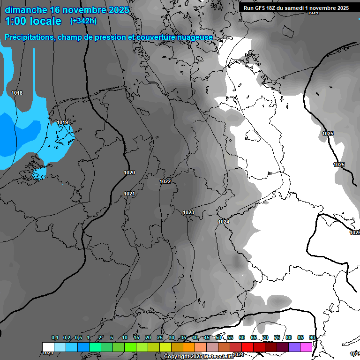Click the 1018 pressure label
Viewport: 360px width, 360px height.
(x=17, y=93)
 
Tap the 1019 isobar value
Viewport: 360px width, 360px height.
(x=62, y=122)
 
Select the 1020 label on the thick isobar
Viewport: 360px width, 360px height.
(x=129, y=172)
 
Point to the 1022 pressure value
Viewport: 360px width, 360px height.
(x=165, y=181)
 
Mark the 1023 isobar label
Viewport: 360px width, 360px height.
(x=188, y=212)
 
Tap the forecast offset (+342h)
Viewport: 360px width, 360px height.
(x=83, y=21)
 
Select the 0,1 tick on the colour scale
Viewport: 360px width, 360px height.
(x=55, y=337)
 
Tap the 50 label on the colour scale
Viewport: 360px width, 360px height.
(x=218, y=337)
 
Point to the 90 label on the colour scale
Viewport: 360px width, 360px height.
(x=312, y=337)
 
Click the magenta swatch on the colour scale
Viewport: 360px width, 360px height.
(x=306, y=347)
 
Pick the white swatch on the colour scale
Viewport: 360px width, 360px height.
(x=48, y=347)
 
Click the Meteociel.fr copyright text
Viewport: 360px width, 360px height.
(x=198, y=356)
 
